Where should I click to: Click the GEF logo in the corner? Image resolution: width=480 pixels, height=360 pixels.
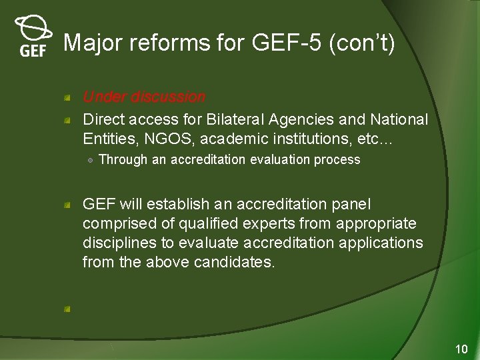(33, 37)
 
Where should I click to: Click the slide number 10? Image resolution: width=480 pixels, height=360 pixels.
(461, 349)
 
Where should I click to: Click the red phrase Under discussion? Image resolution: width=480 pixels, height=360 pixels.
(144, 97)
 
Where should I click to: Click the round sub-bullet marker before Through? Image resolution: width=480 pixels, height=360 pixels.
(90, 160)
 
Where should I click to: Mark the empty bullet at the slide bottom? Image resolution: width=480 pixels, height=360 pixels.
(67, 309)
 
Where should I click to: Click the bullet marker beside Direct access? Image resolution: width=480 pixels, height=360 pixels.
(67, 121)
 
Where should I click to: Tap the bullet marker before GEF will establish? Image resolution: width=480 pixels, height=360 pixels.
(67, 205)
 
